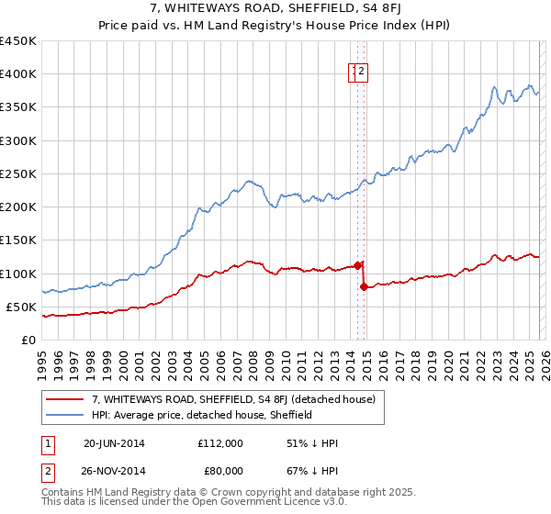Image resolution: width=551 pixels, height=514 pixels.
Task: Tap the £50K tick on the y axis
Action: tap(21, 307)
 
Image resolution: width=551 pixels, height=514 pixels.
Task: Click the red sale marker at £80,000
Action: tap(365, 286)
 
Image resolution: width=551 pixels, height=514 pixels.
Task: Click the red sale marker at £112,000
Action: tap(357, 265)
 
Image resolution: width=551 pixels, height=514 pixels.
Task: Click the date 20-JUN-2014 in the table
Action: tap(114, 443)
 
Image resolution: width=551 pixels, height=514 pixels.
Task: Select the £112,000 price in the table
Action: tap(220, 443)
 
